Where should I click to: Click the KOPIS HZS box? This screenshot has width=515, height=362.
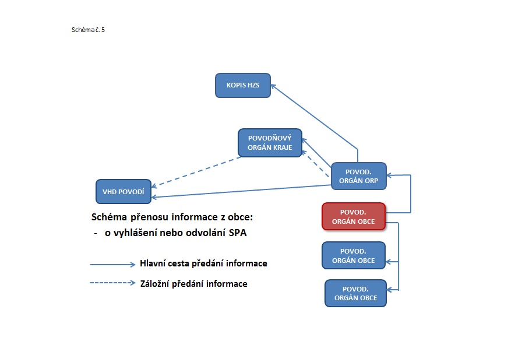point(242,85)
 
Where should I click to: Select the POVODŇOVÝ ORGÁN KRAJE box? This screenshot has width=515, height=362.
point(270,143)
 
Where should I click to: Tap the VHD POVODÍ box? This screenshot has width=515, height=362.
point(123,191)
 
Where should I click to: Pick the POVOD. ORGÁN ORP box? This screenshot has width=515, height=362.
point(358,176)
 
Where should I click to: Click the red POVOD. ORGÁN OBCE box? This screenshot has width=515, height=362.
point(353,216)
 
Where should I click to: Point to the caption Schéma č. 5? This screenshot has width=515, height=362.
point(88,29)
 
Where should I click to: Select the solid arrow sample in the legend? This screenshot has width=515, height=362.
point(112,264)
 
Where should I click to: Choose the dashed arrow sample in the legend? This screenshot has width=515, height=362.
point(112,283)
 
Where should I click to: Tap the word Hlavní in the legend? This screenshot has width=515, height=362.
point(153,263)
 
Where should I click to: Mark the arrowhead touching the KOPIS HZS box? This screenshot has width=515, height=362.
point(273,87)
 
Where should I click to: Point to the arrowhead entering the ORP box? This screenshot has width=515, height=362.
point(390,175)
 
